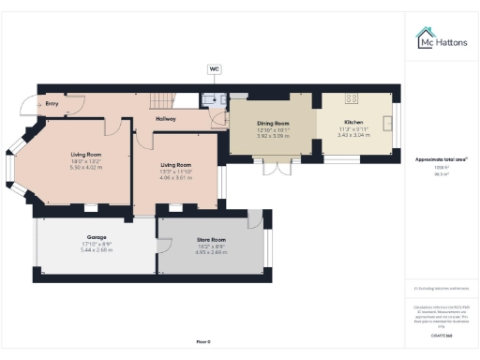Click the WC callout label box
click(215, 68)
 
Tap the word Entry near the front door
click(52, 104)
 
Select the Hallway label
click(166, 118)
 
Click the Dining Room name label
click(274, 123)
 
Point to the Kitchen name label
click(353, 123)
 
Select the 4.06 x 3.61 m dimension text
click(176, 176)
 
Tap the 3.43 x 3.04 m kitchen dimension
click(353, 135)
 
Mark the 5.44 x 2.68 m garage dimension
click(96, 250)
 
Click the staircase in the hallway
click(166, 100)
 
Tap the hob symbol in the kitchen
click(354, 97)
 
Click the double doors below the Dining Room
click(274, 167)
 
